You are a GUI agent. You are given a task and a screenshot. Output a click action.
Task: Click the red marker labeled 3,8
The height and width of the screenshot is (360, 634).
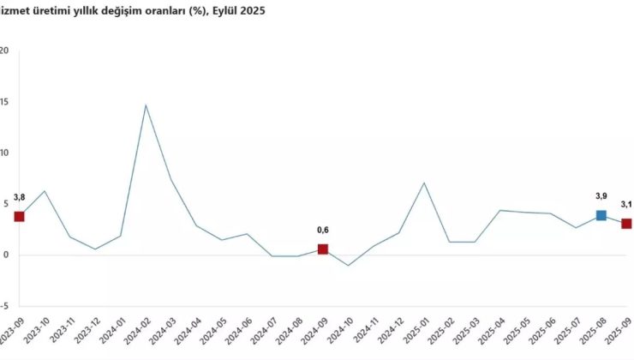(x=19, y=216)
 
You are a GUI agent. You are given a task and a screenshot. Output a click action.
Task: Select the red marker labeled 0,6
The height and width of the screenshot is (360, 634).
(x=323, y=249)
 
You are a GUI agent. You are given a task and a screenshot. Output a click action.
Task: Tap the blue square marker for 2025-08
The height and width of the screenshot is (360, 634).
(x=601, y=215)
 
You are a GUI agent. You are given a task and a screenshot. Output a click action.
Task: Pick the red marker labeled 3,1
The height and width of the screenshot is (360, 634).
(x=626, y=224)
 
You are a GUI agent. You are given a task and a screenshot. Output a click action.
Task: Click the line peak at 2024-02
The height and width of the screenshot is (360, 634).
(x=146, y=105)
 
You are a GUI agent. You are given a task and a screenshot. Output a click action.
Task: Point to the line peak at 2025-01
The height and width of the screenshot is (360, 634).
(x=424, y=183)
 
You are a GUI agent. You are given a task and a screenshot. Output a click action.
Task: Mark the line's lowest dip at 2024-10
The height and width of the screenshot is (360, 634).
(x=348, y=265)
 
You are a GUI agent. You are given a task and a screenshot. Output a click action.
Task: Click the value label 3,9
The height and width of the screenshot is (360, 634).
(x=601, y=195)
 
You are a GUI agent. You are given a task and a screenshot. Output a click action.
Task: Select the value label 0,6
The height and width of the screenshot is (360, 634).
(x=323, y=230)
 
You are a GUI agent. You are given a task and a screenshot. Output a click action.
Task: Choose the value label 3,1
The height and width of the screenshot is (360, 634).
(x=626, y=204)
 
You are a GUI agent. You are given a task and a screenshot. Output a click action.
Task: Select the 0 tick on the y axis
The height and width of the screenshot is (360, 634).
(x=5, y=255)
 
